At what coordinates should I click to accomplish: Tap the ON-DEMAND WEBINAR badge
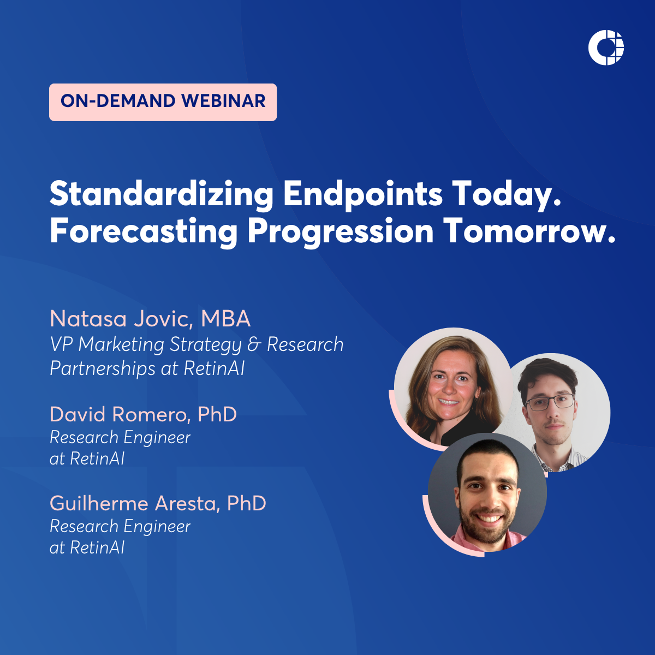163,102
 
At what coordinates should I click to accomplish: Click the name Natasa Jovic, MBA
150,319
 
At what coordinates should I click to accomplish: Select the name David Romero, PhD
143,414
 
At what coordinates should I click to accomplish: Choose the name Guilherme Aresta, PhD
158,503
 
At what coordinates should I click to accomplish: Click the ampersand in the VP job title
254,344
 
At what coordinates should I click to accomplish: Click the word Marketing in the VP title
121,345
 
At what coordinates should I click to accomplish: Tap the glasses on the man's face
550,402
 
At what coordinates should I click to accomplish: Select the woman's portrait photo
453,387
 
